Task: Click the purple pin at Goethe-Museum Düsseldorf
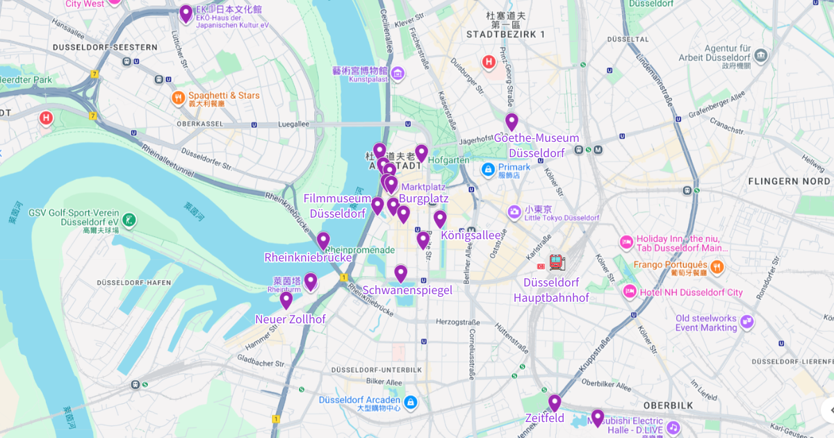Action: (x=512, y=122)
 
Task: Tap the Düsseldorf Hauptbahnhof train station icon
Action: (x=556, y=263)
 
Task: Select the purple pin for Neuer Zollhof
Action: (x=286, y=300)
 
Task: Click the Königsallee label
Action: (x=471, y=236)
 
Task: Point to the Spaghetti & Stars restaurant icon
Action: (x=179, y=98)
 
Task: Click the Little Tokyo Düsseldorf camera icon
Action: (x=514, y=211)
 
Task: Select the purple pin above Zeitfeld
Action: (x=554, y=403)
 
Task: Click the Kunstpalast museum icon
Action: (x=398, y=73)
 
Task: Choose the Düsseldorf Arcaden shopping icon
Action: (x=411, y=403)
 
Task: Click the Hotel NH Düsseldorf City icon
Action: (x=630, y=291)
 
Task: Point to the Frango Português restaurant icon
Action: (x=717, y=266)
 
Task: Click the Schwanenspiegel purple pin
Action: (x=400, y=273)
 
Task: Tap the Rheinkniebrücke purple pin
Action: (x=323, y=241)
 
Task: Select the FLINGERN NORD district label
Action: (x=789, y=181)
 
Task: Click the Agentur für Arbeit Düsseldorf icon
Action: (x=761, y=55)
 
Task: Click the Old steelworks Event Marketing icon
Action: (x=747, y=322)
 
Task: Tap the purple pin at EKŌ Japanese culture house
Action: (x=186, y=13)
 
